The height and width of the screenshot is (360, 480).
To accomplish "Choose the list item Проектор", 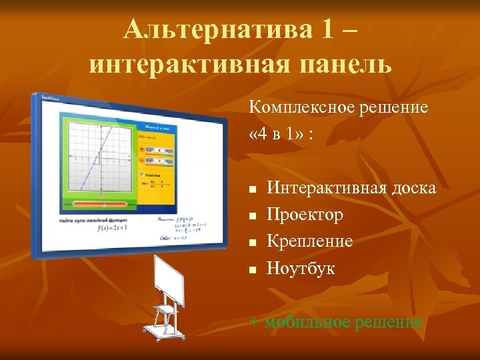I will [305, 215].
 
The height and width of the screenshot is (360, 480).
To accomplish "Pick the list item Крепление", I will [309, 241].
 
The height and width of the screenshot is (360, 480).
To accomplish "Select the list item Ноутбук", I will [301, 268].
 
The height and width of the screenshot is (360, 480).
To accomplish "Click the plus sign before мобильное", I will [254, 322].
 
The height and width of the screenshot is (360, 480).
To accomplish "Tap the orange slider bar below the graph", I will [100, 204].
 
